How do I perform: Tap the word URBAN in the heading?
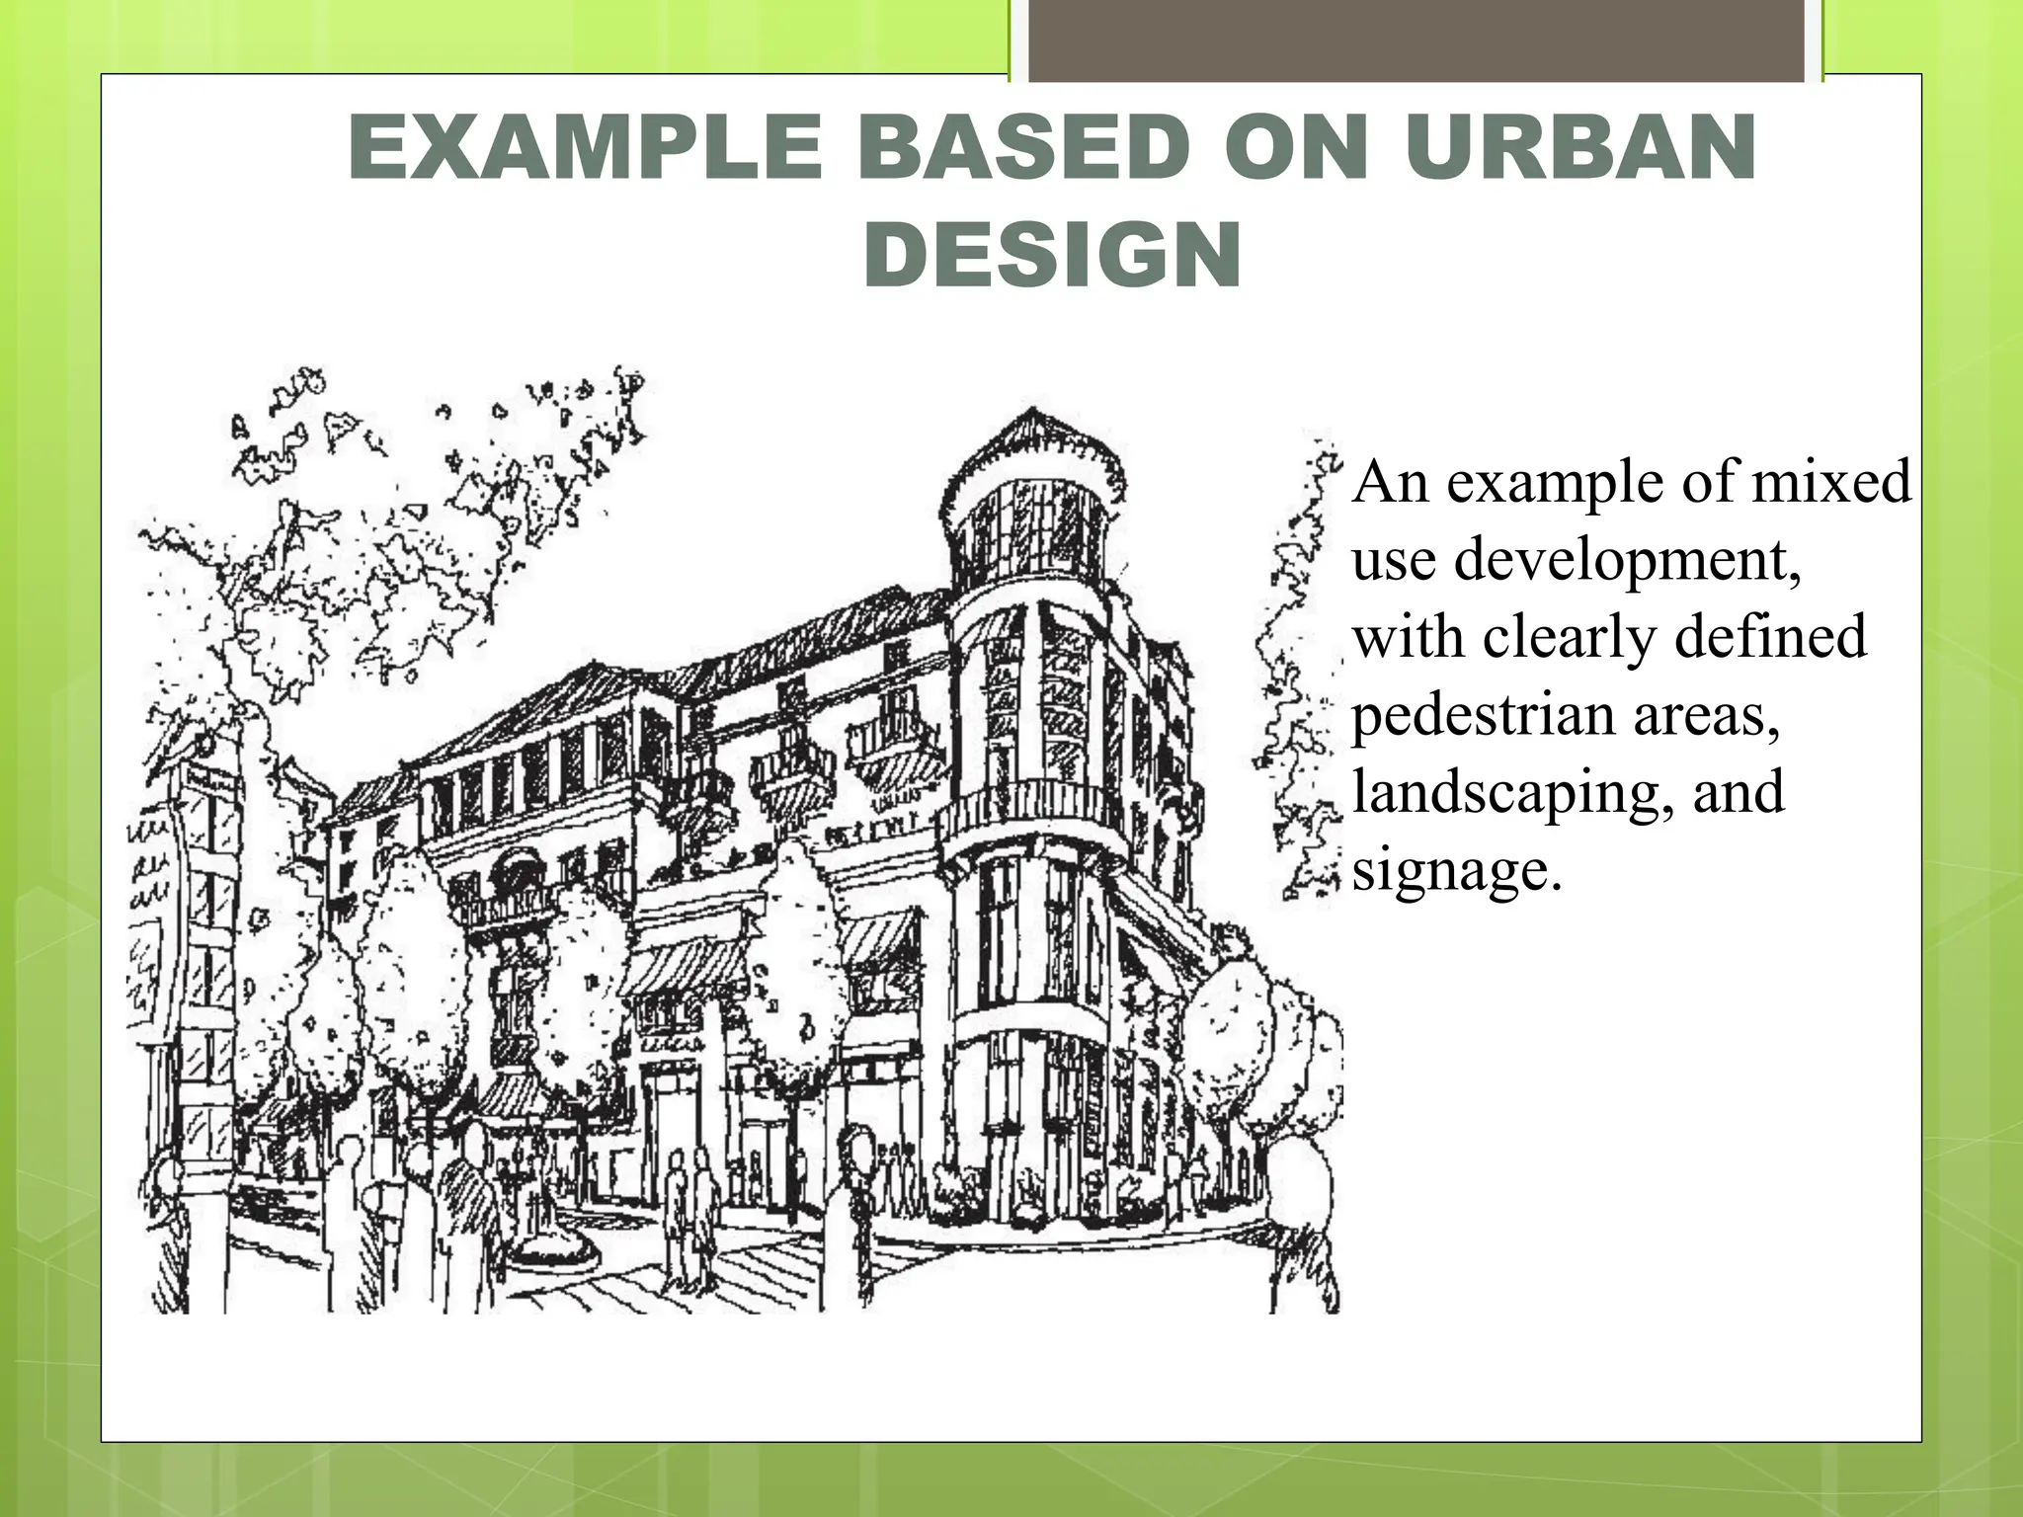click(1580, 148)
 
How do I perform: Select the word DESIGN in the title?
click(1052, 255)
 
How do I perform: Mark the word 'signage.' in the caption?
click(1456, 871)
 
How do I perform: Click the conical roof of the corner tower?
click(1032, 449)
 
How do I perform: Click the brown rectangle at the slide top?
click(1416, 40)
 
